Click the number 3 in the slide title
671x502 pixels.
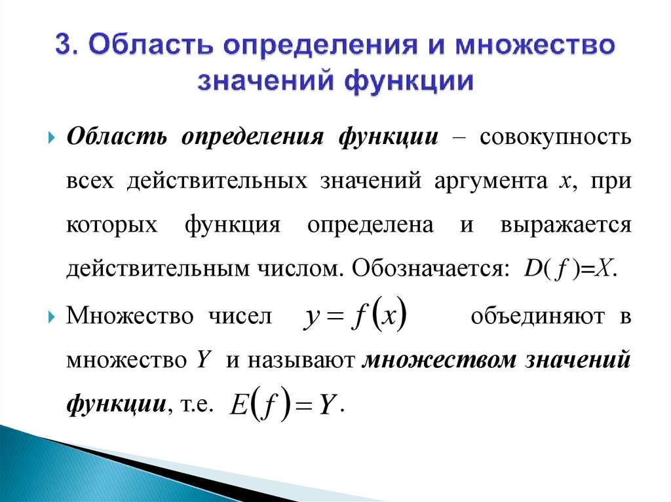tap(64, 48)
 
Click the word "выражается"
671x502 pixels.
tap(565, 226)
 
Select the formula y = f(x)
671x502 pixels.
tap(354, 317)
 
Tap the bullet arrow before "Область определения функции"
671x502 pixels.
tap(52, 140)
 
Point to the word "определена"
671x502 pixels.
tap(370, 226)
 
